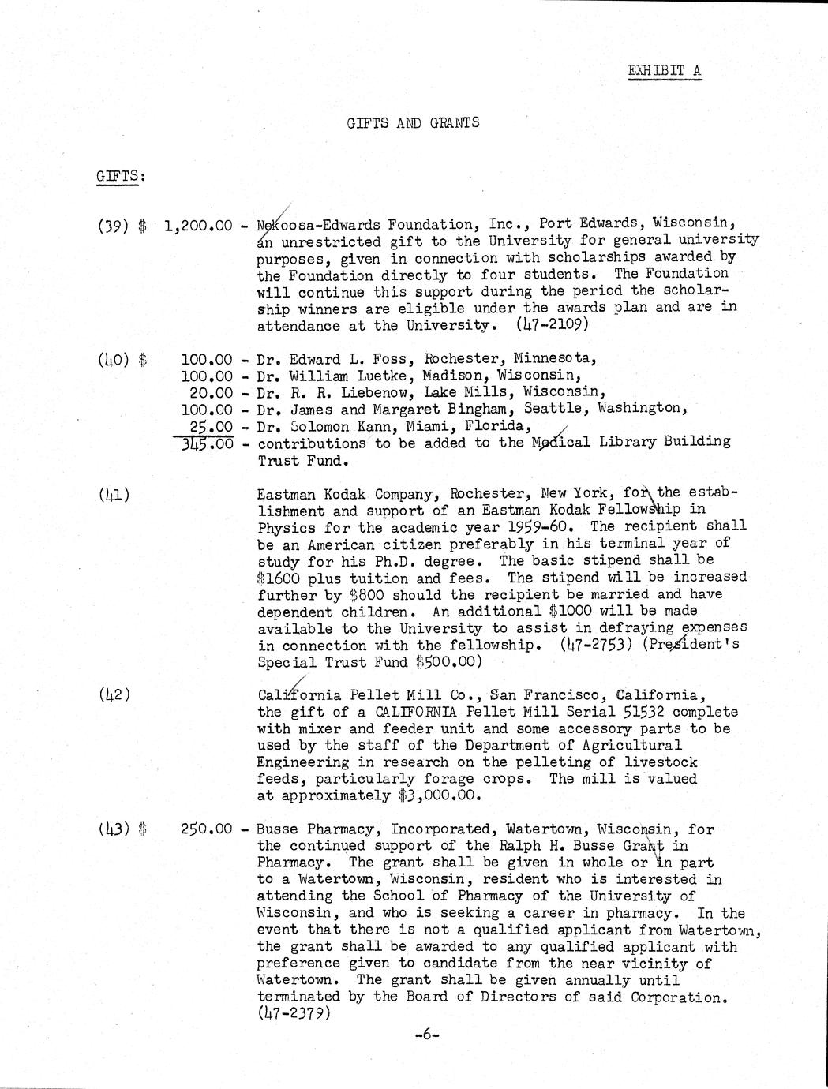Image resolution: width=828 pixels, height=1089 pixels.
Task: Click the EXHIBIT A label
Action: click(664, 70)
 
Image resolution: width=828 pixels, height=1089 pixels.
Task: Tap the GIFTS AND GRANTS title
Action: click(413, 123)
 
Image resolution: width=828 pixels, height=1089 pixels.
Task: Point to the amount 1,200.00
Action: click(198, 226)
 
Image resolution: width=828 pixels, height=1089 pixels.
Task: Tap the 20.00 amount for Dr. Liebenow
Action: click(212, 392)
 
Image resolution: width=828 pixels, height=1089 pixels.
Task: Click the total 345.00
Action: click(208, 443)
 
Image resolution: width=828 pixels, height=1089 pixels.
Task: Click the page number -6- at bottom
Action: click(426, 1035)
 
